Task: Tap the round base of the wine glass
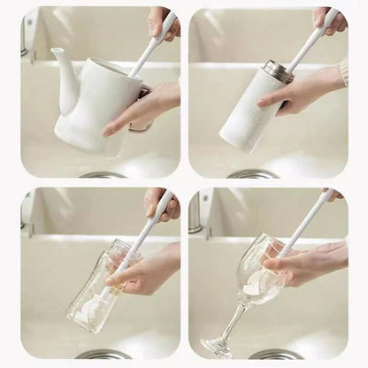pos(218,346)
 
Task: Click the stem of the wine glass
pos(232,322)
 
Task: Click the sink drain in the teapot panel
pos(103,175)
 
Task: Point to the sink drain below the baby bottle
pos(103,355)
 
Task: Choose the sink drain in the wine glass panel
pos(275,355)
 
